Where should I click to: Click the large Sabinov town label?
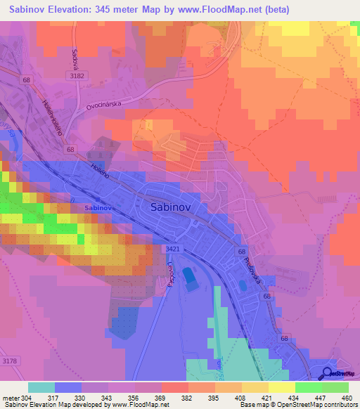pyautogui.click(x=173, y=207)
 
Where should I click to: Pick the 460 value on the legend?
pyautogui.click(x=346, y=397)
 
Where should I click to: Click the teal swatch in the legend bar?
pyautogui.click(x=41, y=387)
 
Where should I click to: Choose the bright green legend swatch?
pyautogui.click(x=309, y=387)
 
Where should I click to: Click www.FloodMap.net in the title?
pyautogui.click(x=227, y=10)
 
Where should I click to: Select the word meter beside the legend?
pyautogui.click(x=11, y=397)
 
